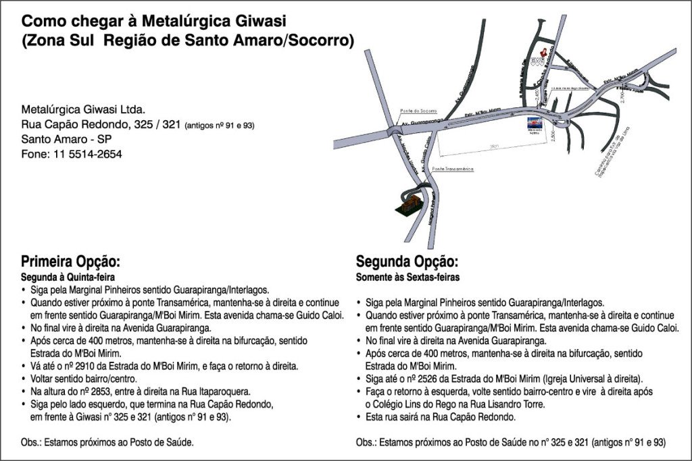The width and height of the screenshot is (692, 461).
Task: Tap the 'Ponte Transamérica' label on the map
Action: pos(453,168)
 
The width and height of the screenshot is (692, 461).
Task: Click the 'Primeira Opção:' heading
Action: pos(70,262)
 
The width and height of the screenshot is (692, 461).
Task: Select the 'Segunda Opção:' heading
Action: pos(407,262)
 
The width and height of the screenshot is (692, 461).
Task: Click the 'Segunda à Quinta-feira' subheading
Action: pos(68,277)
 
